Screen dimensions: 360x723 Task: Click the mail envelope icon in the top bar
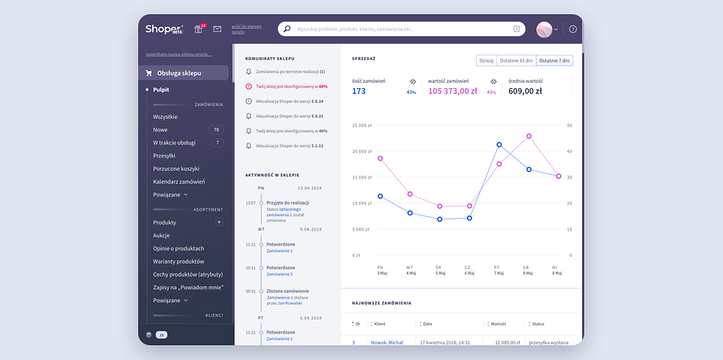click(x=218, y=29)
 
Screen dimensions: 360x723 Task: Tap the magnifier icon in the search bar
click(x=287, y=29)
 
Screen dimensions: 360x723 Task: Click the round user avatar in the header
click(x=545, y=29)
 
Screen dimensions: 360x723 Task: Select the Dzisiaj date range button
click(x=487, y=60)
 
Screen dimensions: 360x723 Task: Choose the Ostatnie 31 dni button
click(x=516, y=60)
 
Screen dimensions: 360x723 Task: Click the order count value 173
click(x=358, y=91)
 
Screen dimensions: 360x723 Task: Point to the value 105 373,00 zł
click(x=453, y=91)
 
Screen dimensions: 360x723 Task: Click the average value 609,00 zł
click(x=526, y=91)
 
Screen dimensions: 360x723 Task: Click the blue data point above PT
click(x=499, y=145)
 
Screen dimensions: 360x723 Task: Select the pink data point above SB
click(x=529, y=136)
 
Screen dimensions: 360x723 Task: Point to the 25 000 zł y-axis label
click(x=362, y=125)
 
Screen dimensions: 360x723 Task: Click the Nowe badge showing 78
click(x=215, y=130)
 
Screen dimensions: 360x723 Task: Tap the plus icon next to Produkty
click(x=219, y=222)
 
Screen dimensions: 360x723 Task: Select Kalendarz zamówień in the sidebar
click(x=178, y=182)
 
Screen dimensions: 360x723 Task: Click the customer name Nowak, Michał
click(x=387, y=343)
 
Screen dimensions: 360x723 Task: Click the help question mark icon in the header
click(x=572, y=29)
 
